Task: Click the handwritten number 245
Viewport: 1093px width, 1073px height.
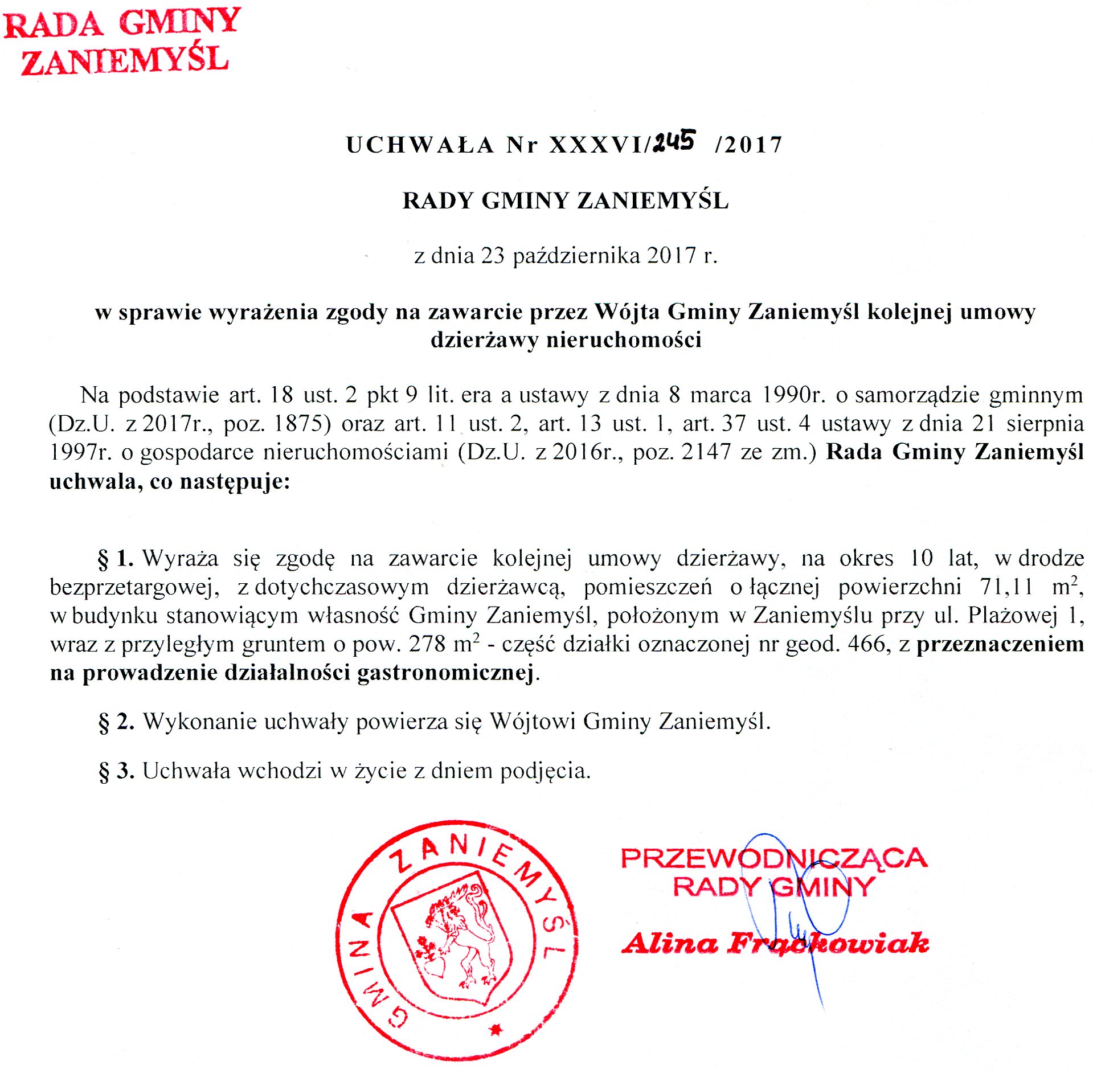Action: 674,141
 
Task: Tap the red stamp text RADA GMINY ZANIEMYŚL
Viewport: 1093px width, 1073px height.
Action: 122,41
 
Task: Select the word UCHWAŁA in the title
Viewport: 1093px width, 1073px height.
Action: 420,145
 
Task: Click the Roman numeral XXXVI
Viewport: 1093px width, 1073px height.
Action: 596,145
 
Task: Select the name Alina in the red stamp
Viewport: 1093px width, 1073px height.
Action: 670,944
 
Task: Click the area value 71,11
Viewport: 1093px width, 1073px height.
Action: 1006,587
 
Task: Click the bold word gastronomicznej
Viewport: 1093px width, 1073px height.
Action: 445,673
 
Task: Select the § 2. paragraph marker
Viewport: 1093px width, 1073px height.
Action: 116,722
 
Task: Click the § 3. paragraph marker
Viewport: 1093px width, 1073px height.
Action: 116,771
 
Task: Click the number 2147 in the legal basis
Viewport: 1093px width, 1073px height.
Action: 706,452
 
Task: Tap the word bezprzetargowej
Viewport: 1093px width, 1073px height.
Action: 134,587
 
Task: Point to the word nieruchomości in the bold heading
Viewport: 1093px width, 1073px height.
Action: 624,340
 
